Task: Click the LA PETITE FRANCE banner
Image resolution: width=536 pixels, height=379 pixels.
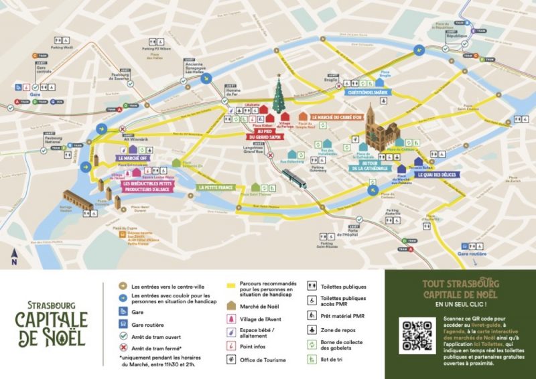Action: click(x=216, y=187)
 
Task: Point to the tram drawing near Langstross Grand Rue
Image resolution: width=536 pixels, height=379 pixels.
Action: click(x=294, y=178)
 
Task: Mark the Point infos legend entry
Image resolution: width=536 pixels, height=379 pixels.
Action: click(x=256, y=346)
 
